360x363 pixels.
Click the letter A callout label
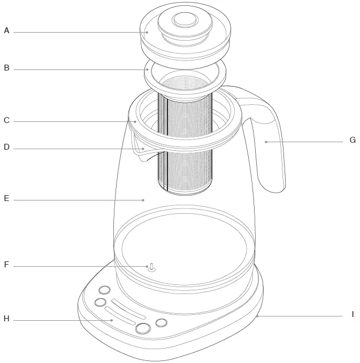[6, 31]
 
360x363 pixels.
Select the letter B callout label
[6, 68]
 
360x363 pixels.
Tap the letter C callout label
[6, 121]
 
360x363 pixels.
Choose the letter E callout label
[6, 199]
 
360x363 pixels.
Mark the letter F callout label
[6, 265]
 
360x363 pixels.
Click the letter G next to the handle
[352, 141]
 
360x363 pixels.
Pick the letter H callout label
[6, 319]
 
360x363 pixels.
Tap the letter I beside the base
[353, 315]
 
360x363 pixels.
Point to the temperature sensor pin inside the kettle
[151, 267]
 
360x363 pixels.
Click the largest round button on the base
[143, 328]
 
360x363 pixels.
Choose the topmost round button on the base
[104, 290]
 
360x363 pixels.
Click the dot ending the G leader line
[265, 142]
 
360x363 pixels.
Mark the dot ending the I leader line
[257, 316]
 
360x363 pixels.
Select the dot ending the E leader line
[143, 200]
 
